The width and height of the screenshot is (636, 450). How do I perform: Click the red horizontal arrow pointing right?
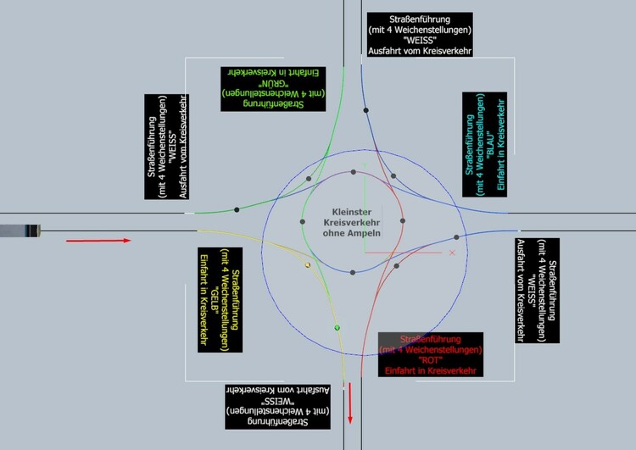tap(99, 241)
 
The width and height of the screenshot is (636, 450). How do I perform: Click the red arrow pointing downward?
tap(349, 399)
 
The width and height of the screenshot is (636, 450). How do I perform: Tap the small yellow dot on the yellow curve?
tap(308, 265)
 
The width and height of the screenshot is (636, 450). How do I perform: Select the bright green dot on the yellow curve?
tap(337, 327)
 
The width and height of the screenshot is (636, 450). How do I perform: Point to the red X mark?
tap(452, 253)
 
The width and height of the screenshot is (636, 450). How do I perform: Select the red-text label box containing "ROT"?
tap(432, 354)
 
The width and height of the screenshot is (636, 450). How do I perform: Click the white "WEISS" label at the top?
tap(419, 35)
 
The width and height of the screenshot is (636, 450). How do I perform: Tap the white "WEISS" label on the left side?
tap(165, 147)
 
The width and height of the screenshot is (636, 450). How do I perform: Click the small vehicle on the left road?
tap(20, 230)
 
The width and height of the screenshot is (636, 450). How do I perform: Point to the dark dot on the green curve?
tap(237, 209)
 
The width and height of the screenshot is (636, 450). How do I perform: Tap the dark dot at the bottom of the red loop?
tap(352, 272)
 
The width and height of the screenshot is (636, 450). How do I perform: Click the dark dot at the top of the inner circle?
tap(353, 172)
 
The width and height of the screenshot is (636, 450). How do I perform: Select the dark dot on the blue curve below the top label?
tap(365, 110)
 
